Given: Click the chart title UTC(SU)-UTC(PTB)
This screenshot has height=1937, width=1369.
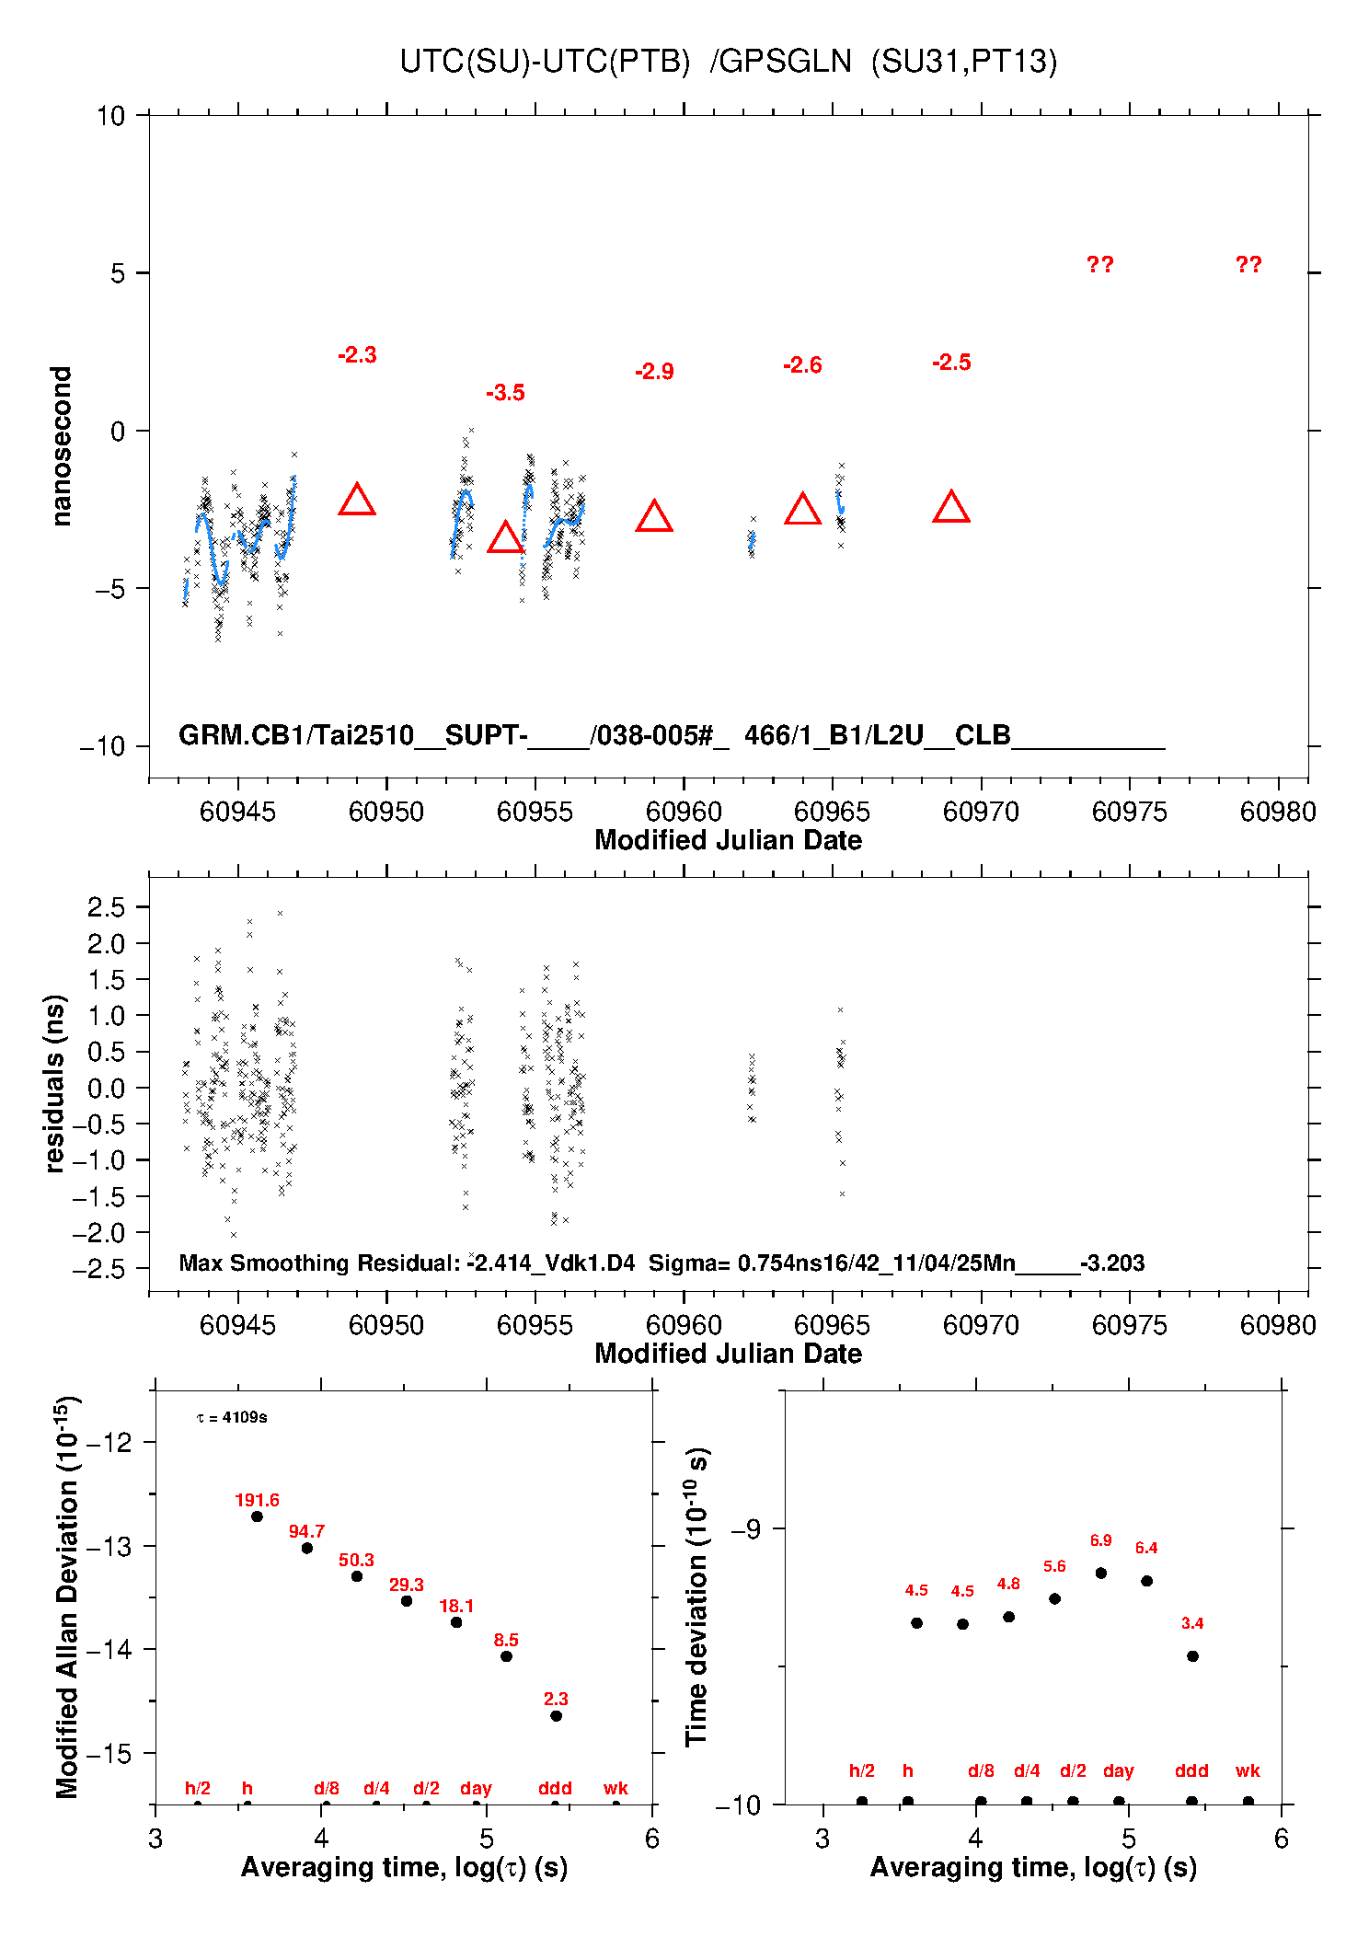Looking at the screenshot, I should tap(545, 62).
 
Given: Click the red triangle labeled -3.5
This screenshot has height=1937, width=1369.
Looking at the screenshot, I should tap(505, 538).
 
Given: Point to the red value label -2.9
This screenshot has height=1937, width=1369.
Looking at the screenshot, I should tap(654, 372).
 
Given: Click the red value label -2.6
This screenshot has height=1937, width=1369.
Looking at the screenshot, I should tap(802, 365).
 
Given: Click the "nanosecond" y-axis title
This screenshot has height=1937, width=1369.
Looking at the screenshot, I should tap(61, 446).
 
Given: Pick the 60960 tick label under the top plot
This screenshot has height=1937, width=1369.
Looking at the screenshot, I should tap(684, 812).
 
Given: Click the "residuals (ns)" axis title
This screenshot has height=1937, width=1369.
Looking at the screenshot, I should tap(55, 1083).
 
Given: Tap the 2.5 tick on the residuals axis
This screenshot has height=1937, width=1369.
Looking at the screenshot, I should tap(106, 907).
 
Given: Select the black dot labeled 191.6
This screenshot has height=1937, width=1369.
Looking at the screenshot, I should tap(258, 1516).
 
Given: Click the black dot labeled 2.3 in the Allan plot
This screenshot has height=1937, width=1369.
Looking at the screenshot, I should tap(556, 1716).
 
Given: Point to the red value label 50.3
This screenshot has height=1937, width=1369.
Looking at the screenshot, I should tap(356, 1560).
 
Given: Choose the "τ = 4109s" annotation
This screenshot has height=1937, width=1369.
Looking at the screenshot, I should tap(232, 1417).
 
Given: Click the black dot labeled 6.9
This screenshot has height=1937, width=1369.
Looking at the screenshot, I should tap(1100, 1574).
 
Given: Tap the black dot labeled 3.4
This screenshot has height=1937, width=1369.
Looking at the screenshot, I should tap(1192, 1656).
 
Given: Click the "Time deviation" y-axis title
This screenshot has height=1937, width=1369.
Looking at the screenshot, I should tap(697, 1597).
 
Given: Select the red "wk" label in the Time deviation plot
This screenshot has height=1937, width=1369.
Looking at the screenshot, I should tap(1248, 1770).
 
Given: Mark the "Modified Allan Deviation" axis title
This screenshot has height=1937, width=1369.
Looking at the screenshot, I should tap(66, 1597).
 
